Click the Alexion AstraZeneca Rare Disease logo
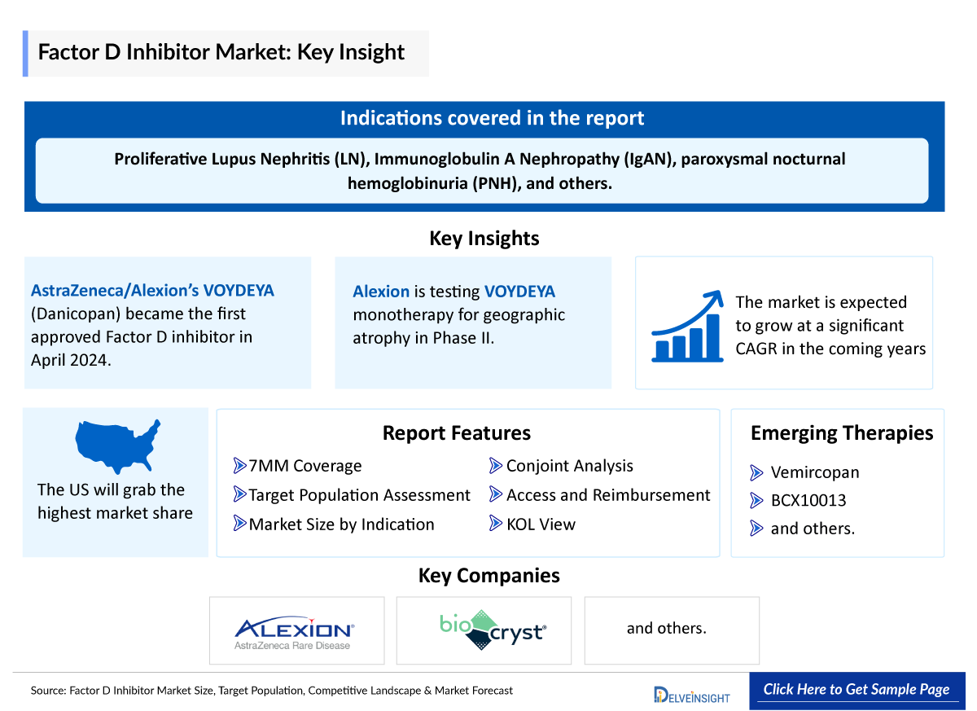294,631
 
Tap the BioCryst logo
493,630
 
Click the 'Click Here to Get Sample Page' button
857,689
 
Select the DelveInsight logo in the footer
692,695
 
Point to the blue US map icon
117,445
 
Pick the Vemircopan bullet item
814,472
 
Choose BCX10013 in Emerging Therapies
808,500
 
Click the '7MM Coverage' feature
304,466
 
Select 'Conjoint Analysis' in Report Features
569,466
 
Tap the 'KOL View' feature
541,524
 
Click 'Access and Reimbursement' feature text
607,495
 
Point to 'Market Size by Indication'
341,524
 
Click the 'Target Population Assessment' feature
359,495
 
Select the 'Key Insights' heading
484,239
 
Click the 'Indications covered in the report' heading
492,118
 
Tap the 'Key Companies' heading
488,576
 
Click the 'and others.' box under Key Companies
671,630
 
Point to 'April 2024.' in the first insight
70,359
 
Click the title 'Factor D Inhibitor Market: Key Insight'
221,53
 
